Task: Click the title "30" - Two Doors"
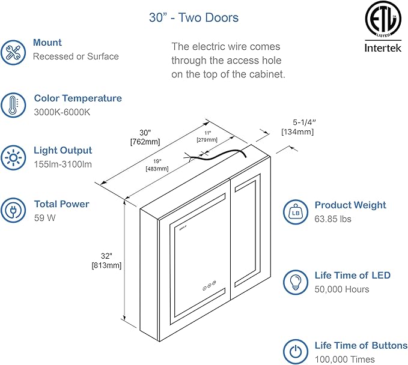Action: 193,18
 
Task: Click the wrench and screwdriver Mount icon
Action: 13,52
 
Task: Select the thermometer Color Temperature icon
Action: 13,105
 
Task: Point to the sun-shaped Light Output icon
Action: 13,158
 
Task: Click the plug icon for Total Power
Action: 13,211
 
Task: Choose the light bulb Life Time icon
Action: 295,282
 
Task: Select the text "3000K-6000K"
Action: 61,112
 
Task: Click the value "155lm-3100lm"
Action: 62,164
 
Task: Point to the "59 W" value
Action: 44,218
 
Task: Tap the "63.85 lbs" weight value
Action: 333,219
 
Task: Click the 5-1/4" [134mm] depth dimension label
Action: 297,127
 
